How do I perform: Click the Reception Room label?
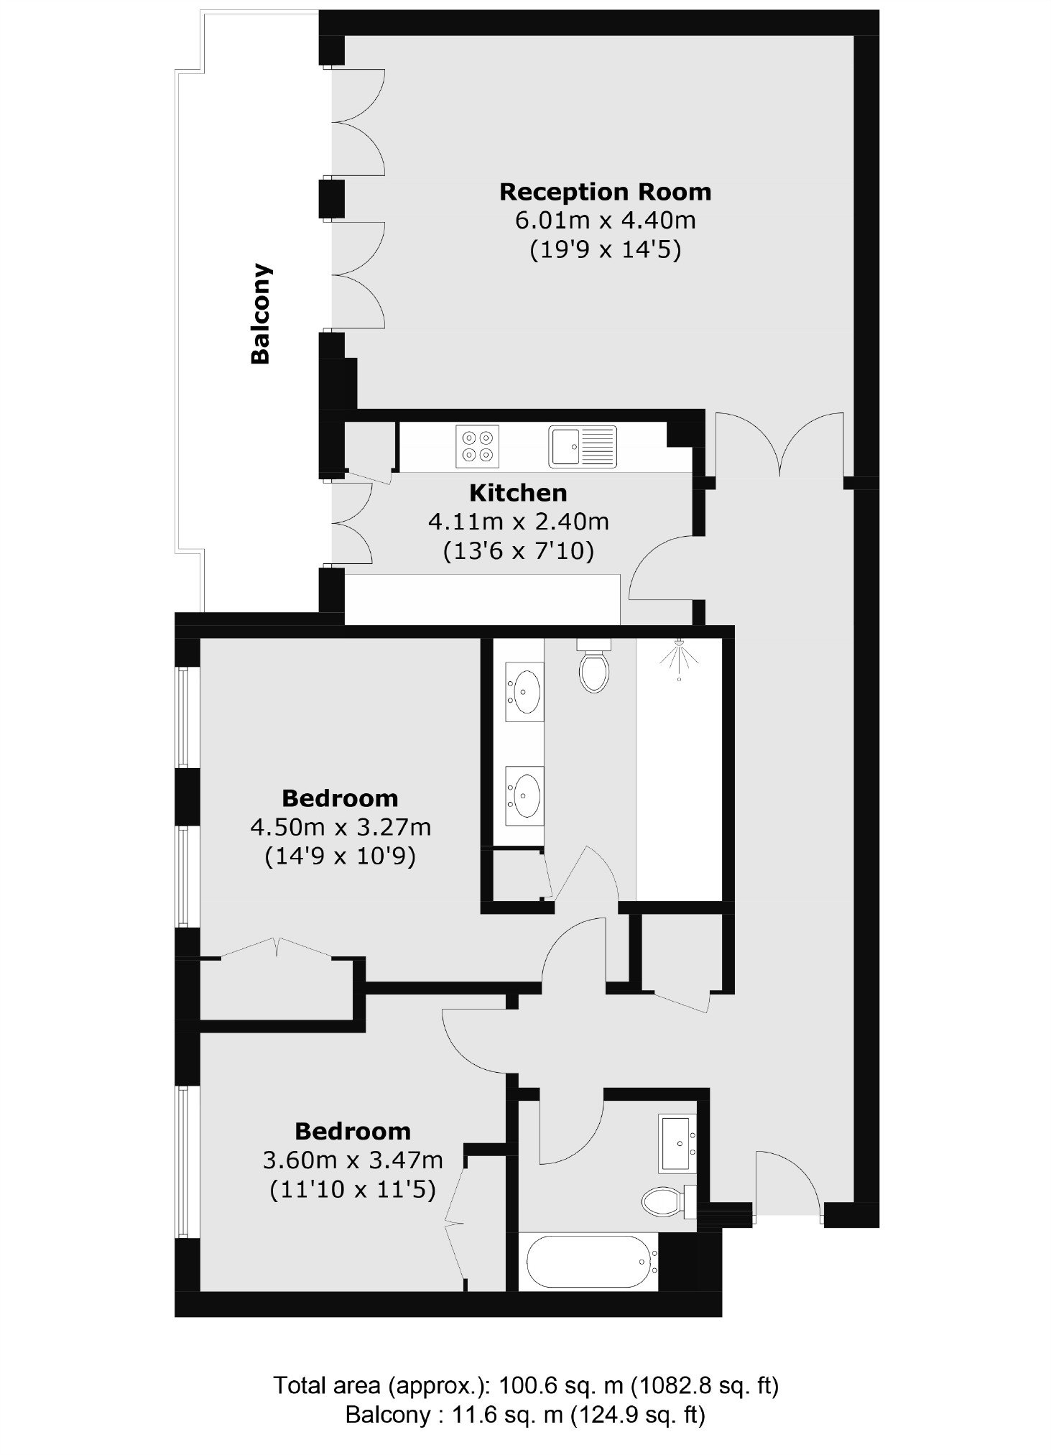(x=605, y=193)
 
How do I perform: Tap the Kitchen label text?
(x=518, y=493)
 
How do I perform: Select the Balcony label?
(x=260, y=314)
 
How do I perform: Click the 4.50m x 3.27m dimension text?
(x=341, y=827)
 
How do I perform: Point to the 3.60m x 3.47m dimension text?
(x=353, y=1160)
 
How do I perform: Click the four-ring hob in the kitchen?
(x=477, y=446)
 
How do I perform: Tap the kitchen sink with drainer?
(x=583, y=446)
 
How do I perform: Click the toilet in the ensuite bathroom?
(x=593, y=666)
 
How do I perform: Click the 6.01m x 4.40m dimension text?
(x=606, y=221)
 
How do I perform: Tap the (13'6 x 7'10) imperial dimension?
(x=519, y=552)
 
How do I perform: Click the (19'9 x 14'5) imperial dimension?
(x=606, y=250)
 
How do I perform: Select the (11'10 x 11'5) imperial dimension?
(x=353, y=1190)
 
